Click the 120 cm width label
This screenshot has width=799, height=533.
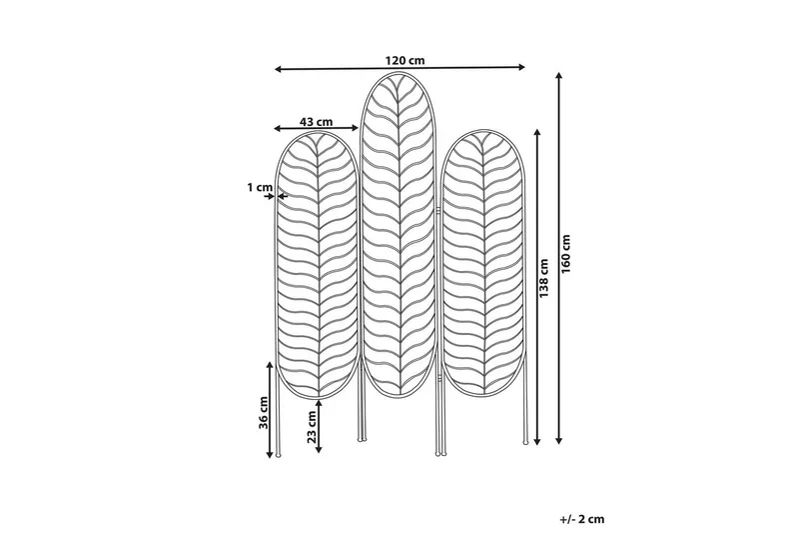click(404, 60)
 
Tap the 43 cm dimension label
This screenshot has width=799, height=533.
click(316, 122)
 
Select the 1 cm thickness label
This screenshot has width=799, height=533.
click(260, 187)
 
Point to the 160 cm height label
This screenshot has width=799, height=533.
click(566, 253)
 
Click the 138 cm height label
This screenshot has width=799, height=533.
click(543, 278)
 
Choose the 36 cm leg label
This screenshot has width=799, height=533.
click(263, 412)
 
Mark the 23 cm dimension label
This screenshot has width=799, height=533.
click(312, 426)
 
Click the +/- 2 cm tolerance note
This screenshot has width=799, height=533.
click(582, 519)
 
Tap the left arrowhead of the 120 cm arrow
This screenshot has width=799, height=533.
click(279, 69)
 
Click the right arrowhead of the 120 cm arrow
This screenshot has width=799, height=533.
click(521, 67)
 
